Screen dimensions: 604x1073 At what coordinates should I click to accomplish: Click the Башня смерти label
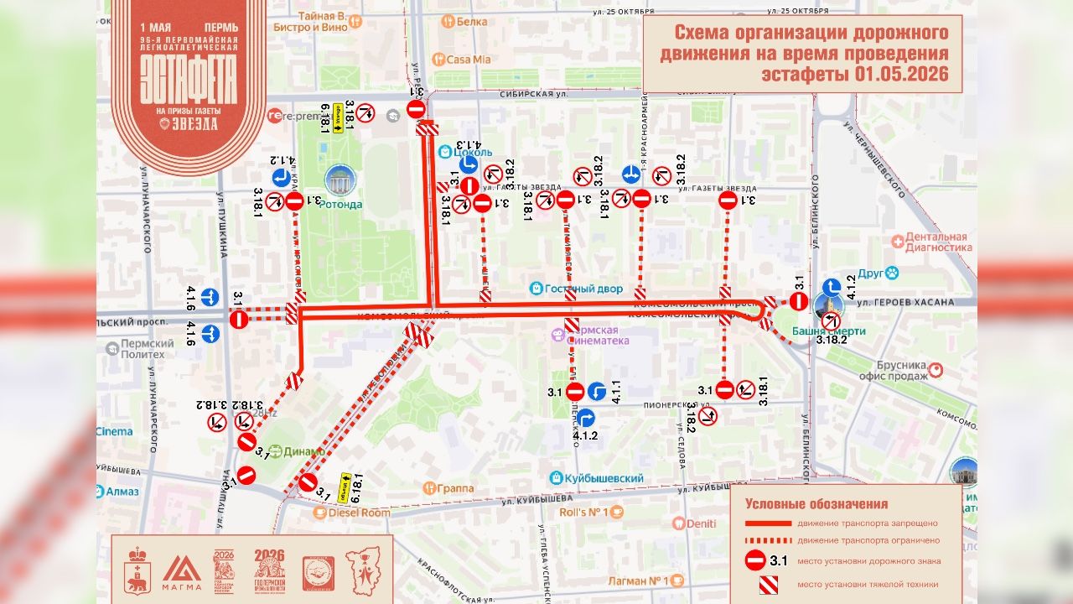click(828, 331)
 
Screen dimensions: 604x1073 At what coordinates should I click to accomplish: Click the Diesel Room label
click(359, 512)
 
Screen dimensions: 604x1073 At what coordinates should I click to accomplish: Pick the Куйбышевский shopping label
click(606, 478)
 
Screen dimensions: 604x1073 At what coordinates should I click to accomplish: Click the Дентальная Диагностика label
click(932, 242)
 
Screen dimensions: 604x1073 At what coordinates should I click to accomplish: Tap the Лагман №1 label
click(635, 581)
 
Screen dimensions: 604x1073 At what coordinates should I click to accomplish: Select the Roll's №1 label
click(583, 512)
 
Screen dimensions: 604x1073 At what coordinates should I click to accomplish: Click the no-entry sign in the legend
click(754, 561)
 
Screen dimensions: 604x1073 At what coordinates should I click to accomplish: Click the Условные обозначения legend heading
click(816, 504)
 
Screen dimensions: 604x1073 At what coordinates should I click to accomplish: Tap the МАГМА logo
click(182, 571)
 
